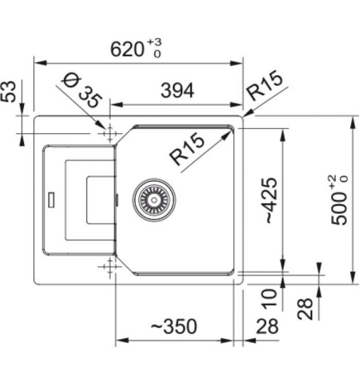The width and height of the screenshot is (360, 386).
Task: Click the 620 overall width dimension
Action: [x=128, y=49]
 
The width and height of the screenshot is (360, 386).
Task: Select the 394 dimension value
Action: [x=177, y=90]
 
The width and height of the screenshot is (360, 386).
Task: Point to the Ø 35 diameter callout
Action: [x=81, y=93]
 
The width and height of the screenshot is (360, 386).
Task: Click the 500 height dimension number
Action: [x=340, y=207]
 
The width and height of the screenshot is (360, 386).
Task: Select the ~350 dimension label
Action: [x=173, y=327]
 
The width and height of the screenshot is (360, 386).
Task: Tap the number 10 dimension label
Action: [x=268, y=297]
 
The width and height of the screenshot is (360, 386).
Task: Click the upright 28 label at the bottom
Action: [x=267, y=327]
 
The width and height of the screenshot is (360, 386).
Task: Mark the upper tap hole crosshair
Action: [x=108, y=133]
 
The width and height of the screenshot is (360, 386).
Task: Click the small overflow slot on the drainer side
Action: [x=51, y=199]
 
